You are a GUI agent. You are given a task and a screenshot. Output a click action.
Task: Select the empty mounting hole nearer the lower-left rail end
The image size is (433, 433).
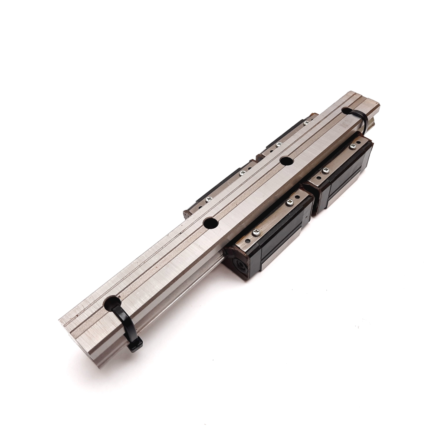tap(211, 223)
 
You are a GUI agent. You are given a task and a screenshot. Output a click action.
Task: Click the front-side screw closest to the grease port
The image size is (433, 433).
tap(256, 232)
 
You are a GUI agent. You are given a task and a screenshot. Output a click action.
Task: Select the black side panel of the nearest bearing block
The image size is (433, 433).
tap(281, 238)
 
